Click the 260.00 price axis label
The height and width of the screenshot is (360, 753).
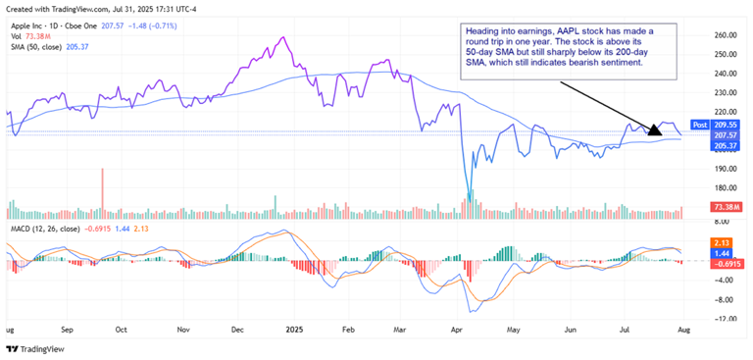tap(725, 34)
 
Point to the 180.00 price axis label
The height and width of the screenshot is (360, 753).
tap(725, 188)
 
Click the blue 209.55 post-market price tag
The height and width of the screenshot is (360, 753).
tap(726, 126)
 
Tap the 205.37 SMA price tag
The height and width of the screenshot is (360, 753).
tap(726, 146)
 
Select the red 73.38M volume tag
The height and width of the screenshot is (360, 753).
tap(726, 209)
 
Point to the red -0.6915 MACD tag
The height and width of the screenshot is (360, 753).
tap(726, 263)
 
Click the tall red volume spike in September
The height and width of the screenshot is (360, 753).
tap(102, 187)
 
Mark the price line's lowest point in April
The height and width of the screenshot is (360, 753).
tap(469, 202)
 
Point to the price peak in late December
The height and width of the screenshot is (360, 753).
tap(283, 38)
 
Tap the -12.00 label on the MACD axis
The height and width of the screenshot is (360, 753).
tap(725, 320)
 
